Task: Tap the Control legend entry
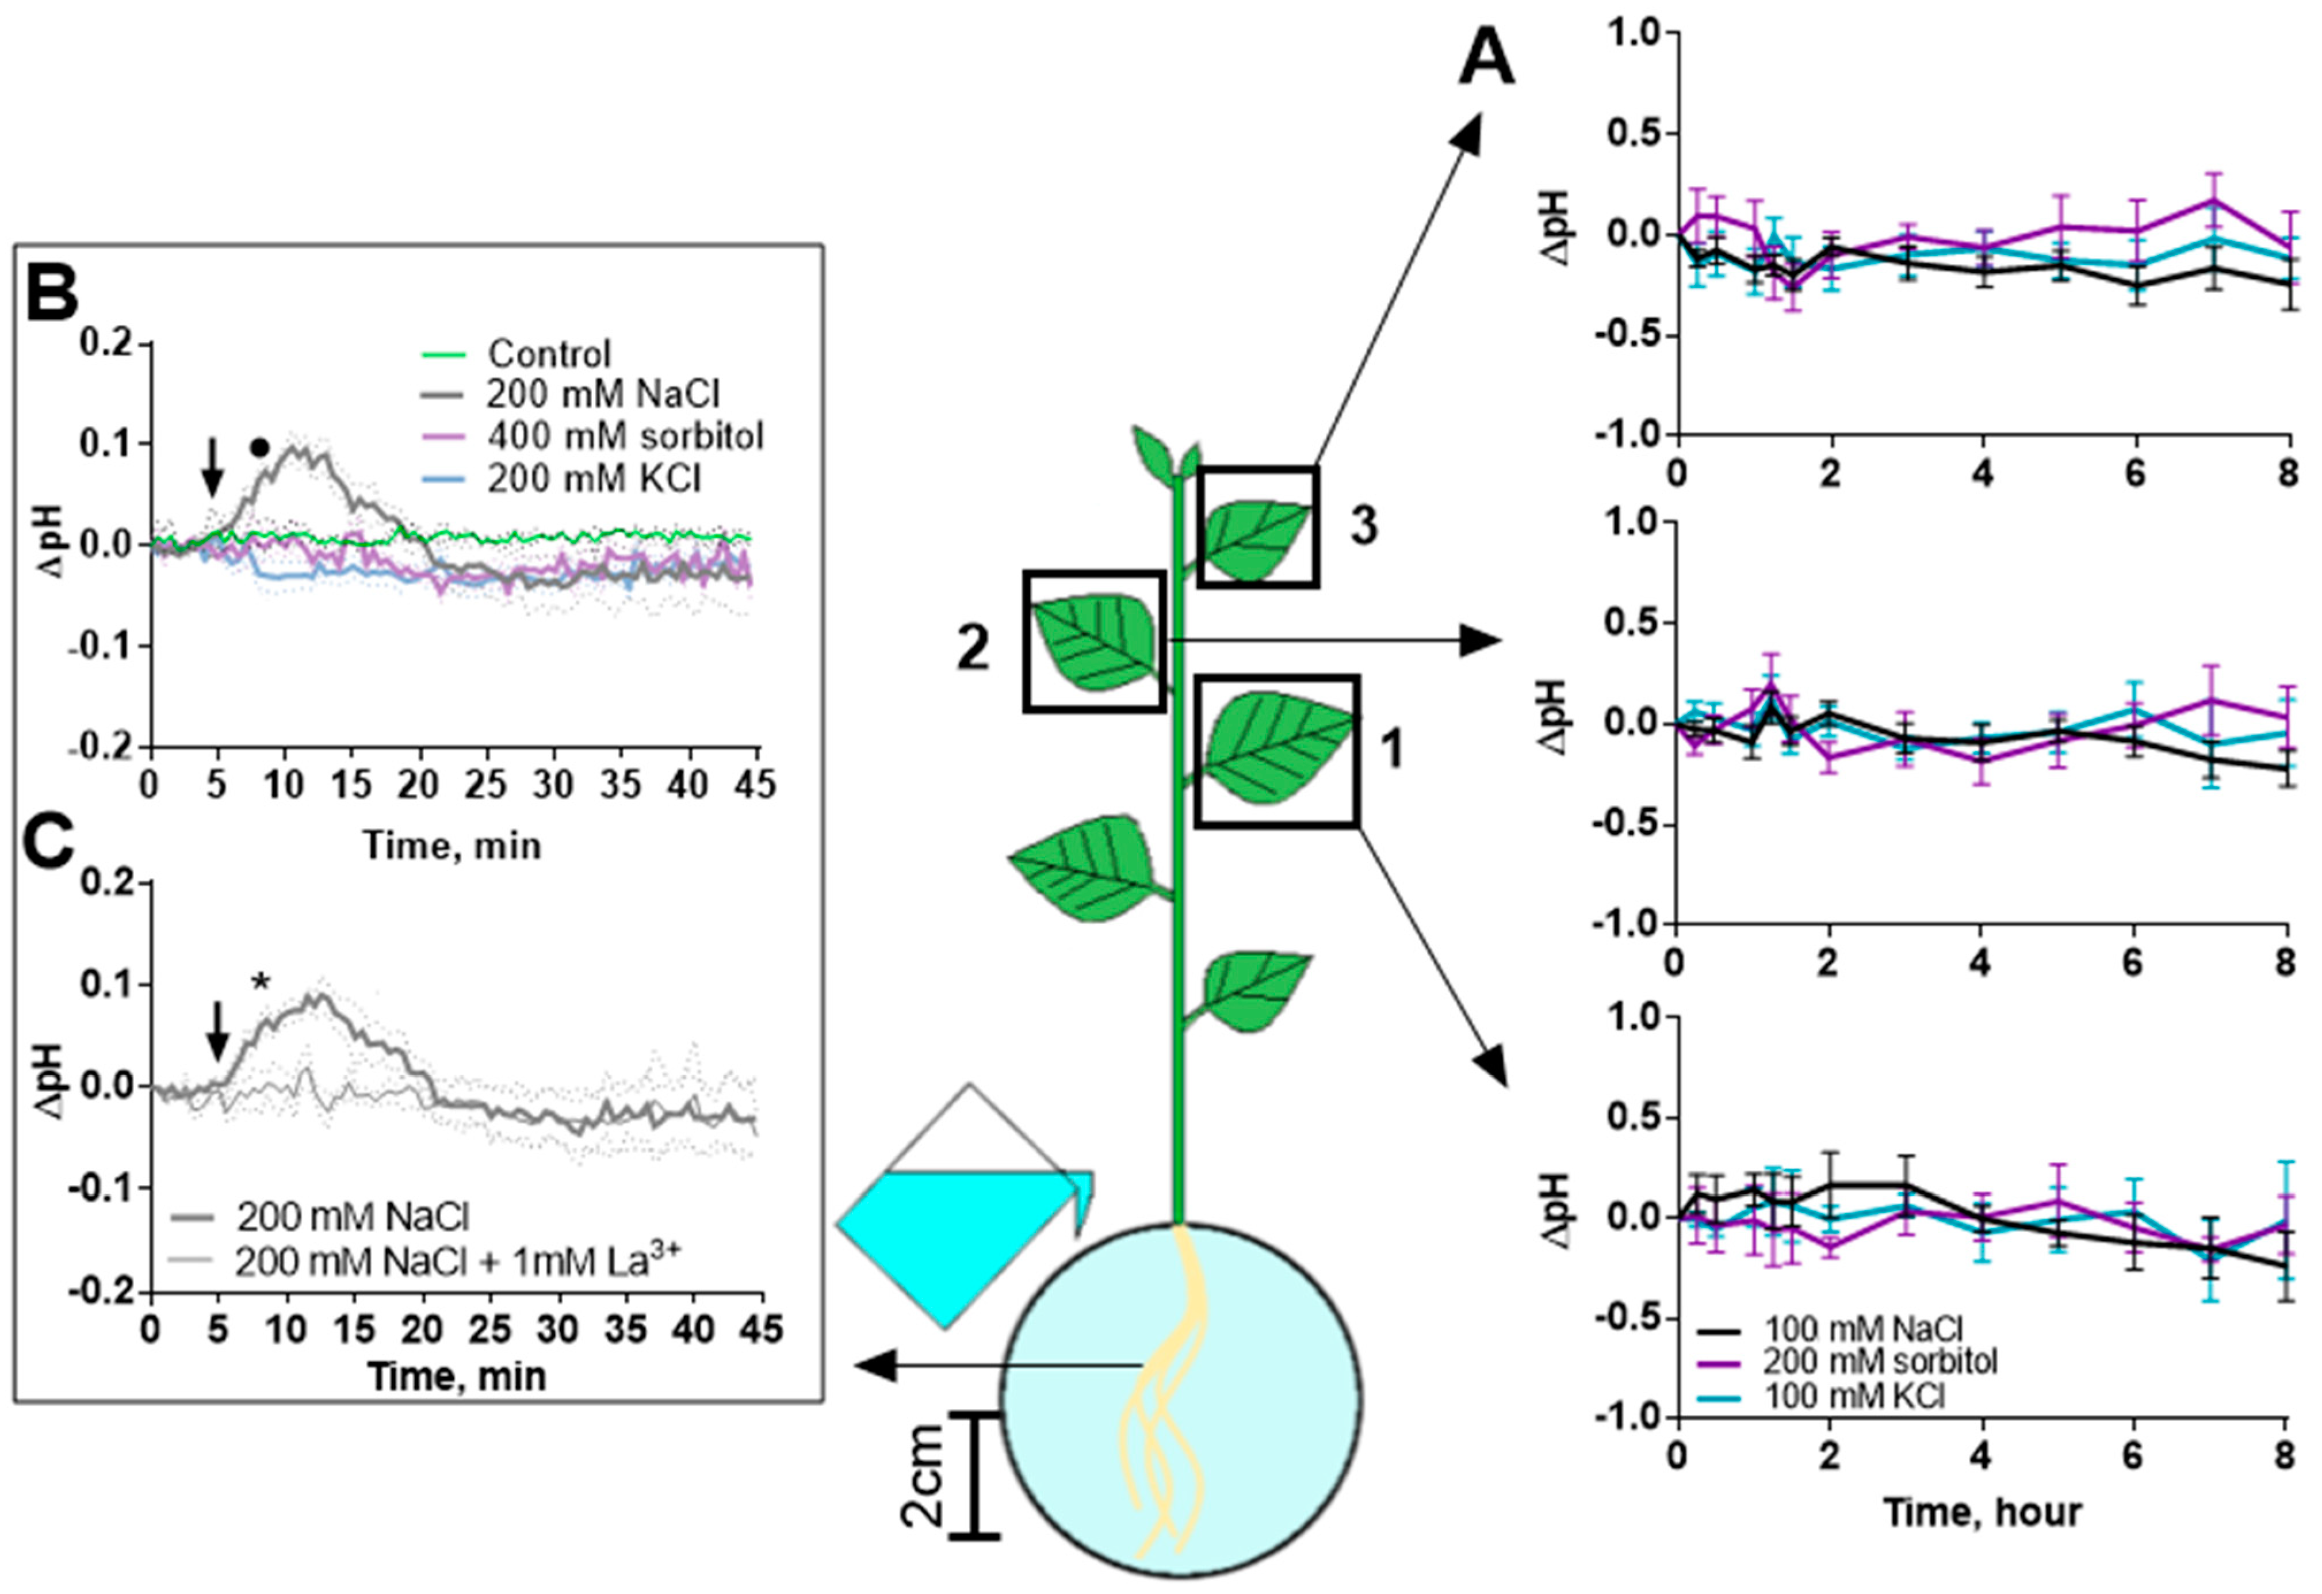tap(549, 354)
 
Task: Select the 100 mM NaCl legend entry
tap(1862, 1329)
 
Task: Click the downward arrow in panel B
tap(211, 466)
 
